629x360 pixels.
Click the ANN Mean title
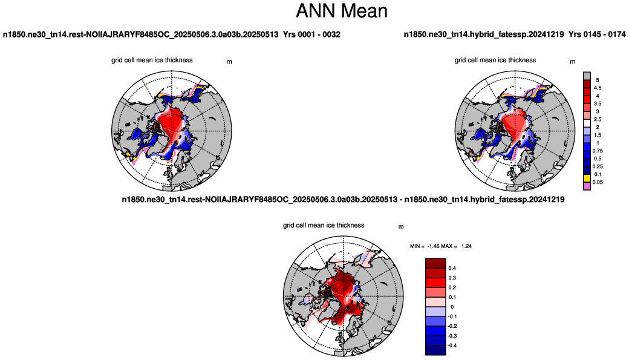pyautogui.click(x=342, y=11)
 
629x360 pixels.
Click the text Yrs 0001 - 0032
pyautogui.click(x=311, y=34)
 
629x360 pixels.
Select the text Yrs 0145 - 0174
pyautogui.click(x=597, y=34)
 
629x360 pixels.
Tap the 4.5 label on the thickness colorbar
pyautogui.click(x=598, y=88)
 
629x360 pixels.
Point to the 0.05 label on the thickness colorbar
pyautogui.click(x=598, y=182)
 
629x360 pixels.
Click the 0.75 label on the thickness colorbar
pyautogui.click(x=598, y=151)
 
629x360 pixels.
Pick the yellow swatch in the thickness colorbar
pyautogui.click(x=587, y=178)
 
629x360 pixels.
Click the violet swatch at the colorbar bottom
pyautogui.click(x=587, y=186)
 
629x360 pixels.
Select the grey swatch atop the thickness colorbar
pyautogui.click(x=587, y=76)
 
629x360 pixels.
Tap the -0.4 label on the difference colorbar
pyautogui.click(x=452, y=345)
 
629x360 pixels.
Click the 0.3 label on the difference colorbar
pyautogui.click(x=452, y=278)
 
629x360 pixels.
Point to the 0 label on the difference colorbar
pyautogui.click(x=452, y=307)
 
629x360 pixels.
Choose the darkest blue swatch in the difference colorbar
pyautogui.click(x=435, y=350)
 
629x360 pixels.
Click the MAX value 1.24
pyautogui.click(x=466, y=246)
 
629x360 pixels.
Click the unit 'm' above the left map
pyautogui.click(x=229, y=62)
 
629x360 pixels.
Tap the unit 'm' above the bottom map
pyautogui.click(x=401, y=227)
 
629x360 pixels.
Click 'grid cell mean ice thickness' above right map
pyautogui.click(x=495, y=60)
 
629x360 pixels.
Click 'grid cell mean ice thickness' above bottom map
pyautogui.click(x=324, y=226)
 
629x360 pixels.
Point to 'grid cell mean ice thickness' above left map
pyautogui.click(x=152, y=60)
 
